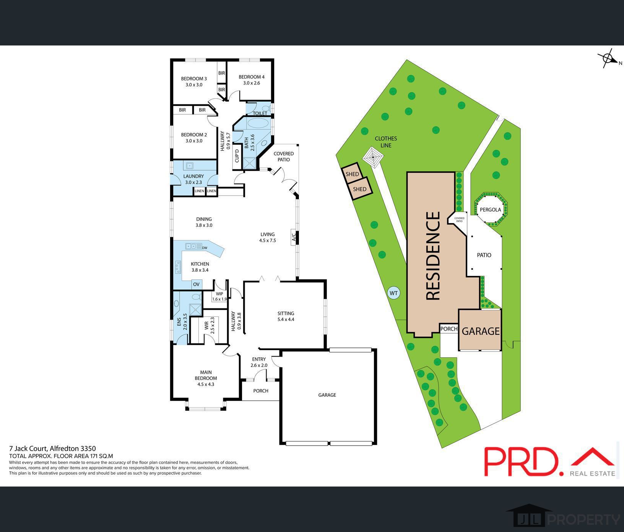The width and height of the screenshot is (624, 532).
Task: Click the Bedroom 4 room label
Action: click(251, 79)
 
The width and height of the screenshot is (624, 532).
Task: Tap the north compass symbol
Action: click(608, 59)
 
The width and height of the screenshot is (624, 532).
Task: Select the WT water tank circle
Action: click(393, 293)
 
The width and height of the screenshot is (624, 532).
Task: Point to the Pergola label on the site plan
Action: click(490, 209)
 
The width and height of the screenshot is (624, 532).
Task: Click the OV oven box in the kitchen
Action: click(196, 284)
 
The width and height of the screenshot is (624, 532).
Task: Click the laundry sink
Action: click(190, 165)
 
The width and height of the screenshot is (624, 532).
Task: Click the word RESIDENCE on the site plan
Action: click(433, 256)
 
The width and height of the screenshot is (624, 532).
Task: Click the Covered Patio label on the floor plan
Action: click(283, 156)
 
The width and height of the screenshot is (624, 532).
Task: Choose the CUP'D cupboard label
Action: click(237, 156)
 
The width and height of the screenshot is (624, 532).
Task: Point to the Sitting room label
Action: click(286, 316)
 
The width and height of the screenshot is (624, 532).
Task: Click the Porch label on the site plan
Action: click(449, 329)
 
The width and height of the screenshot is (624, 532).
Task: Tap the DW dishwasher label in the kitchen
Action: click(205, 248)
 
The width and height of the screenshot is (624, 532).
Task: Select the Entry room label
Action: click(259, 362)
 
